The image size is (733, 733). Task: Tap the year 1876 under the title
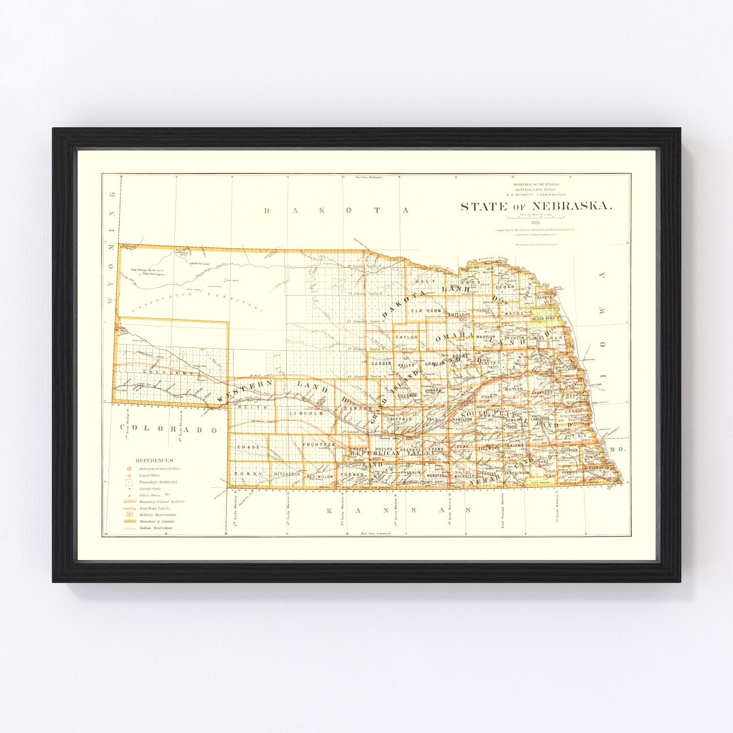click(536, 222)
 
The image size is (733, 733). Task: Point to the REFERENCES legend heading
click(154, 460)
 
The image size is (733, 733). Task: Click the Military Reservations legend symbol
click(129, 515)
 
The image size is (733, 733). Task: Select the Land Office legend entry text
click(150, 475)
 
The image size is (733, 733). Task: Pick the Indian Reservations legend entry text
click(156, 528)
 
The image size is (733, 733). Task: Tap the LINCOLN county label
click(306, 413)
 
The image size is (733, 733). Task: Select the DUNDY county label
click(248, 474)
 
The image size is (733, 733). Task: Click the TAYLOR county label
click(407, 337)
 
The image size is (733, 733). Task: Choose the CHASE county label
click(248, 447)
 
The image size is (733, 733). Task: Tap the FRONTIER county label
click(319, 445)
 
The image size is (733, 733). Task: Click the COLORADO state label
click(169, 429)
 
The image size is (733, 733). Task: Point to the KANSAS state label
click(398, 510)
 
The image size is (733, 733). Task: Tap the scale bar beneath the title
click(536, 217)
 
